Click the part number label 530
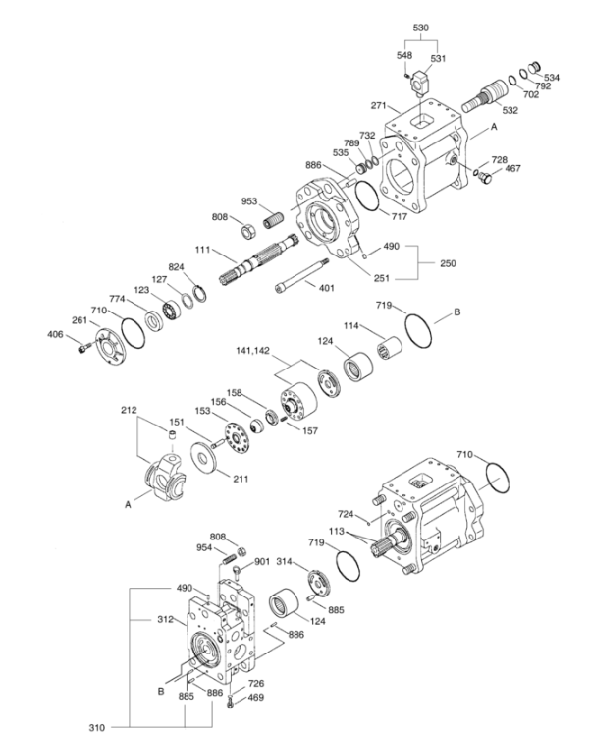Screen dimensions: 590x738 pyautogui.click(x=421, y=28)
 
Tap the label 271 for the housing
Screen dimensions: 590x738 pyautogui.click(x=379, y=105)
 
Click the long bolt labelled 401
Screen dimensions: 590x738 pyautogui.click(x=301, y=275)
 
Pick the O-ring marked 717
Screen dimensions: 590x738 pyautogui.click(x=367, y=197)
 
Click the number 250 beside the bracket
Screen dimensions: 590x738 pyautogui.click(x=448, y=263)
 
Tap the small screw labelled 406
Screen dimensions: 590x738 pyautogui.click(x=82, y=348)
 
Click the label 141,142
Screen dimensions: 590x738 pyautogui.click(x=253, y=350)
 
